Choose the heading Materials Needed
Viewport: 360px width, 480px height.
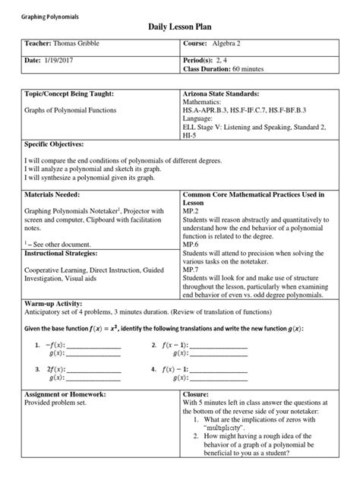[54, 194]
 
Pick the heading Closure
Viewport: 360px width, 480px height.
[197, 395]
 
